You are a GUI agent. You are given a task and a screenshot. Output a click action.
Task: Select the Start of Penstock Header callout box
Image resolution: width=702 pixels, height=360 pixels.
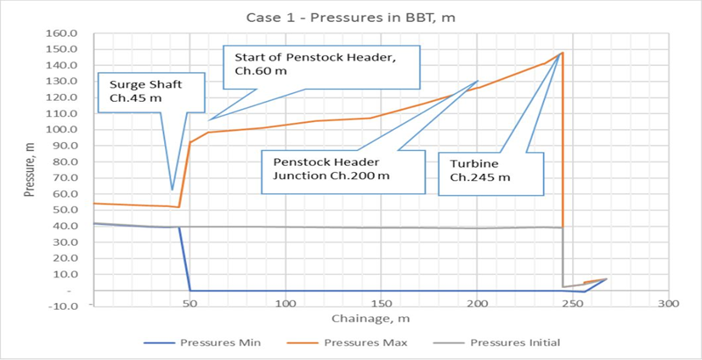(x=322, y=65)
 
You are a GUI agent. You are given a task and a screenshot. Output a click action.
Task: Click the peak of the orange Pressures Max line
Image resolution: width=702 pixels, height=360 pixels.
(x=562, y=53)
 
